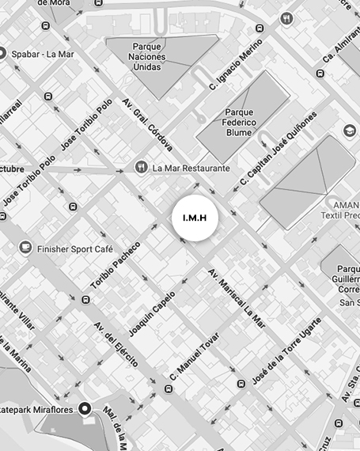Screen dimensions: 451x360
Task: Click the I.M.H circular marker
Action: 194,218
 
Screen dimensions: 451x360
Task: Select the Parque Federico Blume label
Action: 239,123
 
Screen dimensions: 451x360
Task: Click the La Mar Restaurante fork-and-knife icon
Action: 141,168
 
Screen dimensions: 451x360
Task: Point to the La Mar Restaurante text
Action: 191,169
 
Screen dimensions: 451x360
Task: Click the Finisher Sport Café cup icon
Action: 25,248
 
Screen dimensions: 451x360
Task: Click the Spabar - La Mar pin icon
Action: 2,54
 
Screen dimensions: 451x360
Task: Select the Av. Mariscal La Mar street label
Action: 237,299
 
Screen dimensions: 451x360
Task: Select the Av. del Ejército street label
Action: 117,347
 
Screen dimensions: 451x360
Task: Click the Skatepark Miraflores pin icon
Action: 85,408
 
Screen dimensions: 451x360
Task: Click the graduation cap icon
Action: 350,130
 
